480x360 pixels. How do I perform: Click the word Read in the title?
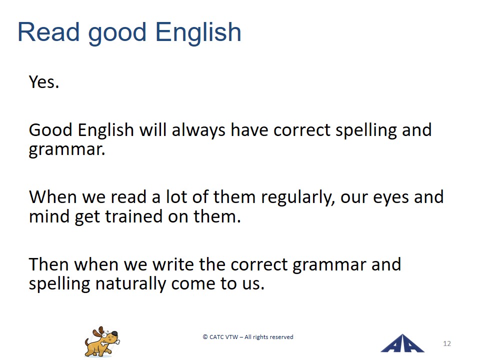(x=48, y=32)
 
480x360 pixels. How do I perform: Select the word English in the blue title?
(x=198, y=33)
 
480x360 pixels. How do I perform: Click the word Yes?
(x=44, y=82)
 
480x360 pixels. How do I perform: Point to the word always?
(x=198, y=130)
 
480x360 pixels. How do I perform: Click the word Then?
(x=49, y=264)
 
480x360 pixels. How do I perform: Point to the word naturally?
(x=130, y=284)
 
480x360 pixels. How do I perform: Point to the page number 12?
(x=447, y=343)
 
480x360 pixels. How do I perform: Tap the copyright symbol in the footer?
(x=205, y=337)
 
